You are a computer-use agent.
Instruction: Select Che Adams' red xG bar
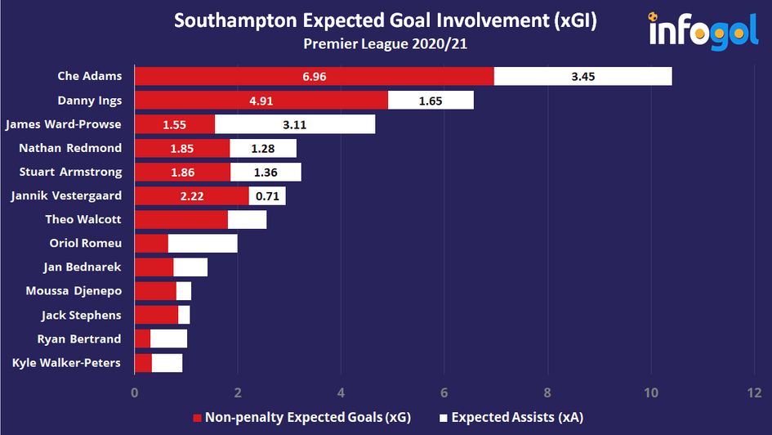point(314,76)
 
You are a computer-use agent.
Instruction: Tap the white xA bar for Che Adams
point(582,76)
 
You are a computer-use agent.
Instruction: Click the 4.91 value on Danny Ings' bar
point(261,101)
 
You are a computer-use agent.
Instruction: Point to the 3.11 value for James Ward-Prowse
point(295,124)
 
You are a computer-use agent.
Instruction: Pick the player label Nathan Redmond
point(70,148)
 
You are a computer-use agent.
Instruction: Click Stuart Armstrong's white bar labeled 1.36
point(266,172)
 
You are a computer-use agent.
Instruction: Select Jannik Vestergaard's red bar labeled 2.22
point(191,196)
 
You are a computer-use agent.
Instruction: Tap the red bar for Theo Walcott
point(181,220)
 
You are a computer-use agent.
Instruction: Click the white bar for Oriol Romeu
point(203,244)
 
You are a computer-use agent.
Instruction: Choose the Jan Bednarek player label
point(83,267)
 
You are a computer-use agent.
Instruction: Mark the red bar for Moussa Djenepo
point(155,291)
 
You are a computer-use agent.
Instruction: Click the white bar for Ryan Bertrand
point(168,339)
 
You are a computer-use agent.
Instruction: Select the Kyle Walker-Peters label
point(67,363)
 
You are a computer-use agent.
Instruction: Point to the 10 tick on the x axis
point(650,392)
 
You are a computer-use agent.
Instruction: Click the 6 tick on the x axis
point(444,392)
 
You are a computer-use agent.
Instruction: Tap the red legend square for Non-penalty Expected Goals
point(197,417)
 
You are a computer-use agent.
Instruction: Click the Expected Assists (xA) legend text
point(516,417)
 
